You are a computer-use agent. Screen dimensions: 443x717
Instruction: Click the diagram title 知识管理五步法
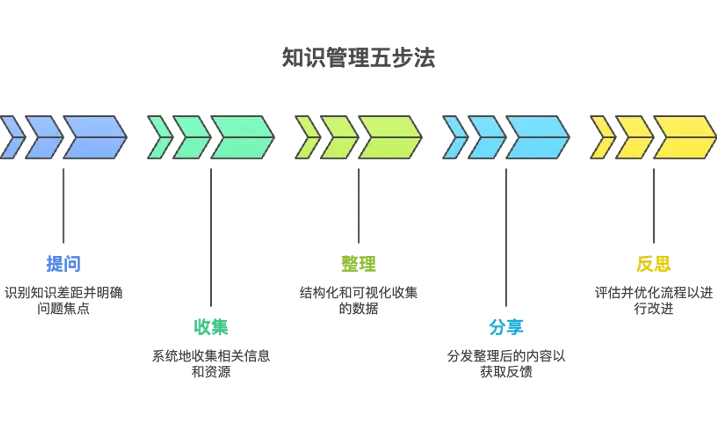[x=358, y=58]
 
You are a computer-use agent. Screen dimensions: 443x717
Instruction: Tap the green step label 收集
[x=211, y=327]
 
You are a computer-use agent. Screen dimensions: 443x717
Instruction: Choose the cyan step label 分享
[x=506, y=327]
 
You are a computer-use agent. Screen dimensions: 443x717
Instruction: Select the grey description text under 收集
[x=211, y=363]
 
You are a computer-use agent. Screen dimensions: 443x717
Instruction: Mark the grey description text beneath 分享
[x=506, y=363]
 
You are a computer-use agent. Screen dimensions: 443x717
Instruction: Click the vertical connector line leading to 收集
[x=211, y=236]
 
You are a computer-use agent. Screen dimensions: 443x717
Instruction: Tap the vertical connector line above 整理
[x=358, y=205]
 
